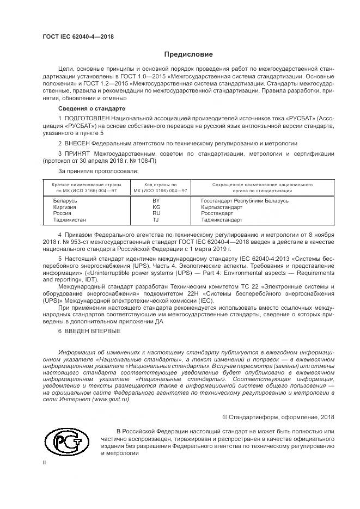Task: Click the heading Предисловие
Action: tap(189, 54)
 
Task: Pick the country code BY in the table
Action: tap(170, 201)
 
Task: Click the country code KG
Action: tap(170, 207)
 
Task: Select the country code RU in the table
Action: tap(170, 214)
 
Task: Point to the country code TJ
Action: tap(170, 220)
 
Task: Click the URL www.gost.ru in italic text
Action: tap(111, 399)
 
